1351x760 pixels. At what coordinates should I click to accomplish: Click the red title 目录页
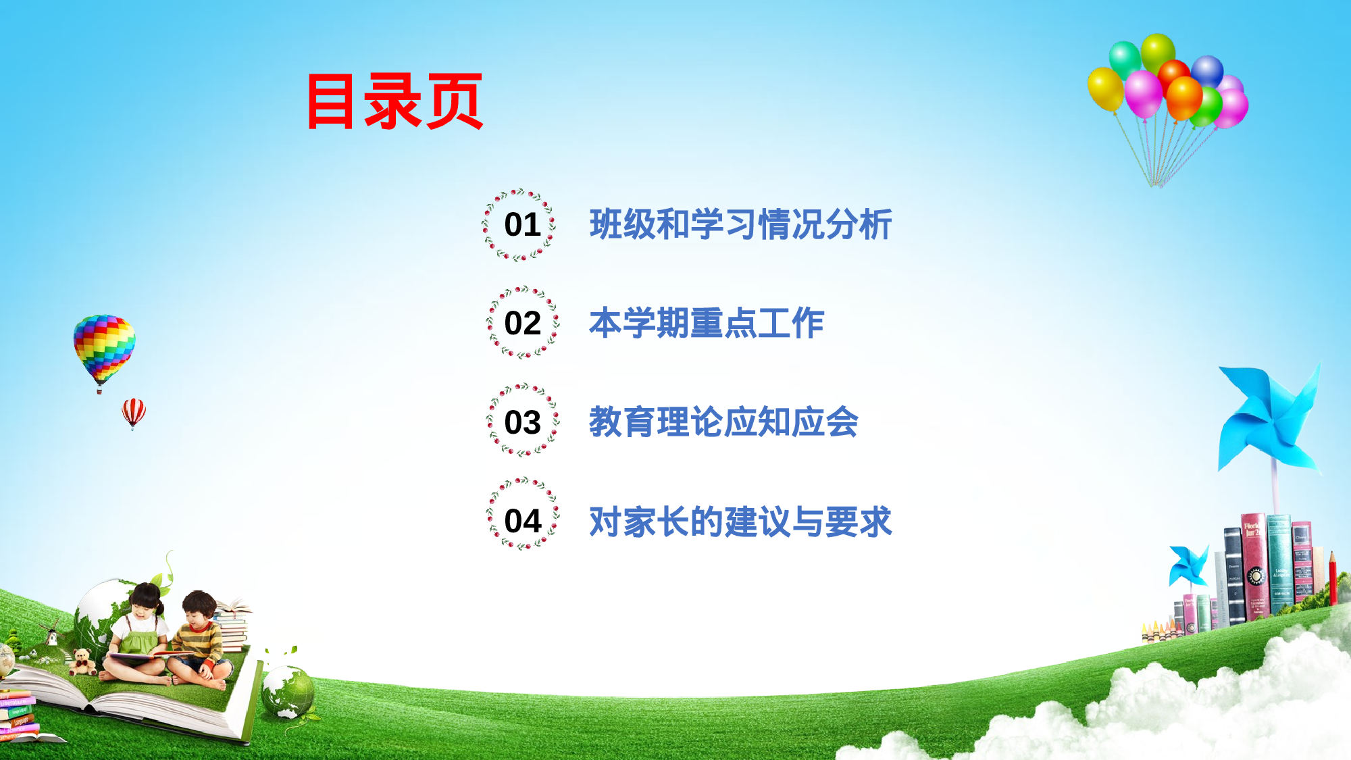[395, 101]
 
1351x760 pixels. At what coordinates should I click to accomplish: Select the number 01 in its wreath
[522, 225]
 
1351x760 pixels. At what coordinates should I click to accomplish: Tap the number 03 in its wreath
[522, 423]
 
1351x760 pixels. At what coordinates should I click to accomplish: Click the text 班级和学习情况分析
[740, 224]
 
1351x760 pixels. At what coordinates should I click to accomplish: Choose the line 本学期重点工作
[707, 323]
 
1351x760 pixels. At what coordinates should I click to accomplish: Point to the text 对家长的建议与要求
[740, 522]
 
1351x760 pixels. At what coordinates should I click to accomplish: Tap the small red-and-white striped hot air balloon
[134, 412]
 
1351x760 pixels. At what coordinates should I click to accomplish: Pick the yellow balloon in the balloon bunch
[1106, 88]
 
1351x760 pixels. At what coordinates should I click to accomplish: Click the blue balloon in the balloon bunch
[1207, 72]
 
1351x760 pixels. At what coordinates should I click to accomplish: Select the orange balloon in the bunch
[1184, 98]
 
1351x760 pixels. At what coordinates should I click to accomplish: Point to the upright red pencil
[1333, 578]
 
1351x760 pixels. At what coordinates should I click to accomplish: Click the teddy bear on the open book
[82, 662]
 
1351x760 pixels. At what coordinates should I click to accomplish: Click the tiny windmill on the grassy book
[49, 633]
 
